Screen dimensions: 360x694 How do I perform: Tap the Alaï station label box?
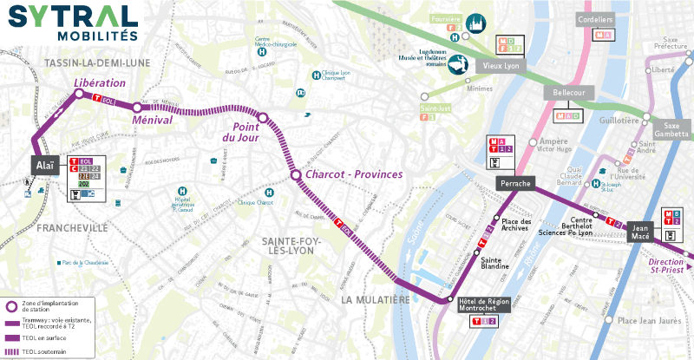click(44, 165)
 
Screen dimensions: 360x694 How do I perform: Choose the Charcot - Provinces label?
click(355, 175)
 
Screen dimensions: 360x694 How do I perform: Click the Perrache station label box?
click(515, 183)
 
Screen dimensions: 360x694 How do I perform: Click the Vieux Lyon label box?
click(497, 64)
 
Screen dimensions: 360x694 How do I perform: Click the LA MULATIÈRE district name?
click(375, 299)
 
